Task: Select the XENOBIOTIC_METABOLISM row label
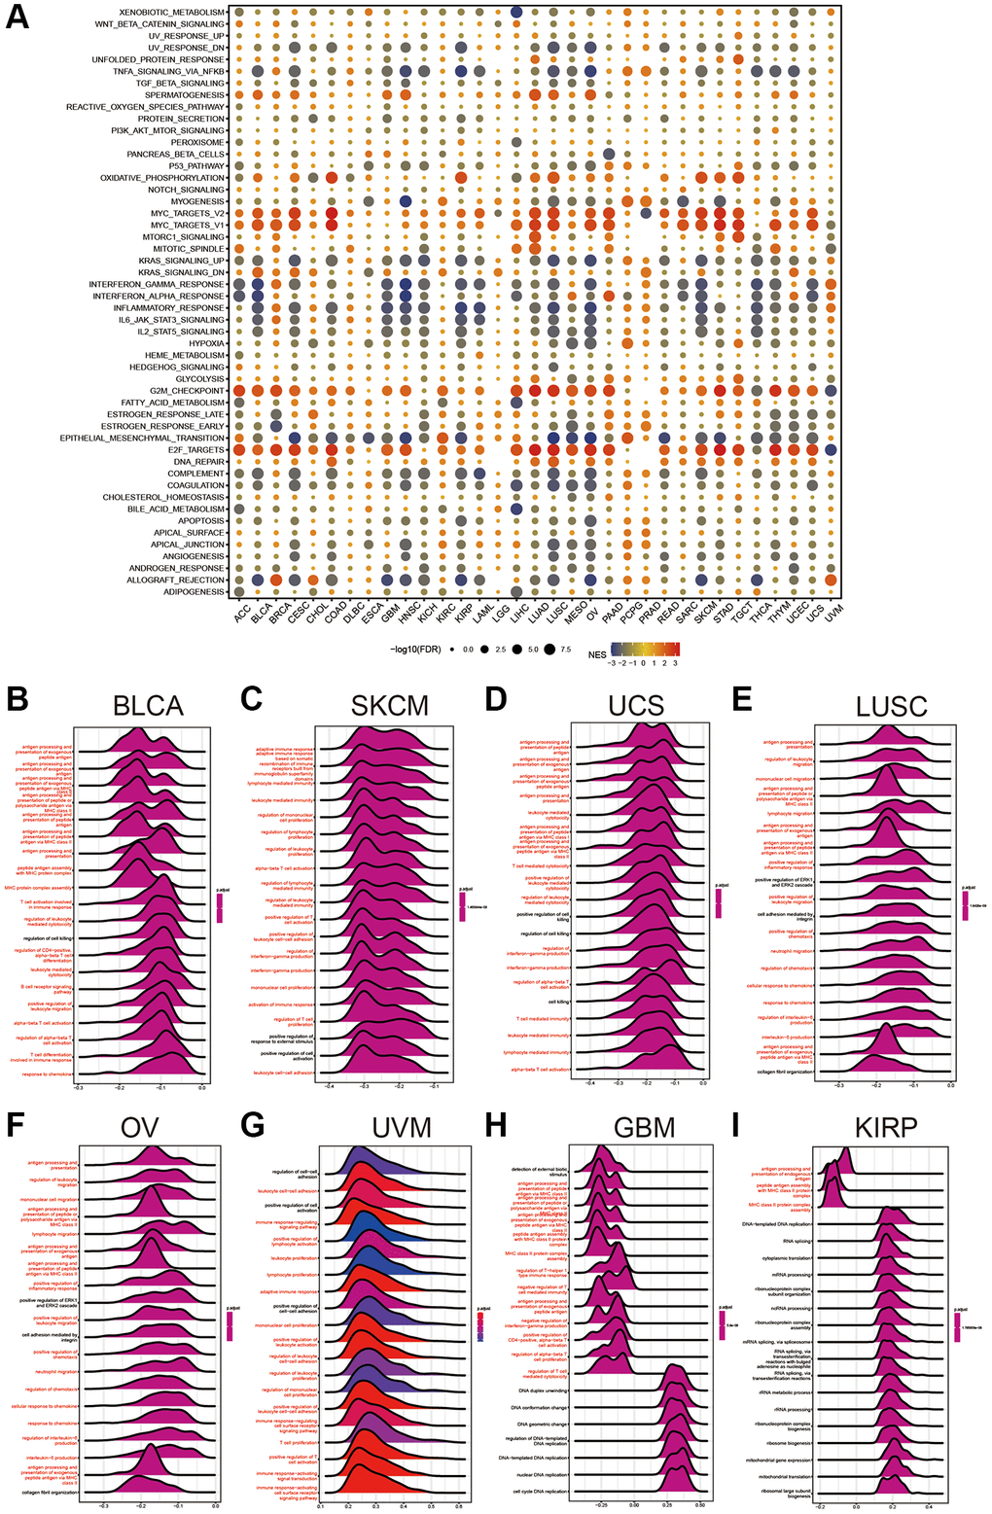coord(171,12)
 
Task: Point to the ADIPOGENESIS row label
coord(192,591)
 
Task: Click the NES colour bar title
coord(596,654)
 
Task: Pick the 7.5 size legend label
coord(564,649)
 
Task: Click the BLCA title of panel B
coord(148,705)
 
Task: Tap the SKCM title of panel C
coord(389,705)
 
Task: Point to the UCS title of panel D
coord(636,705)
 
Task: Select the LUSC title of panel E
coord(891,706)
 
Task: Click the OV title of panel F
coord(140,1127)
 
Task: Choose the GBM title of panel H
coord(644,1127)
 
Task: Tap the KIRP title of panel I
coord(885,1127)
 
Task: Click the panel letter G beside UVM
coord(253,1125)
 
